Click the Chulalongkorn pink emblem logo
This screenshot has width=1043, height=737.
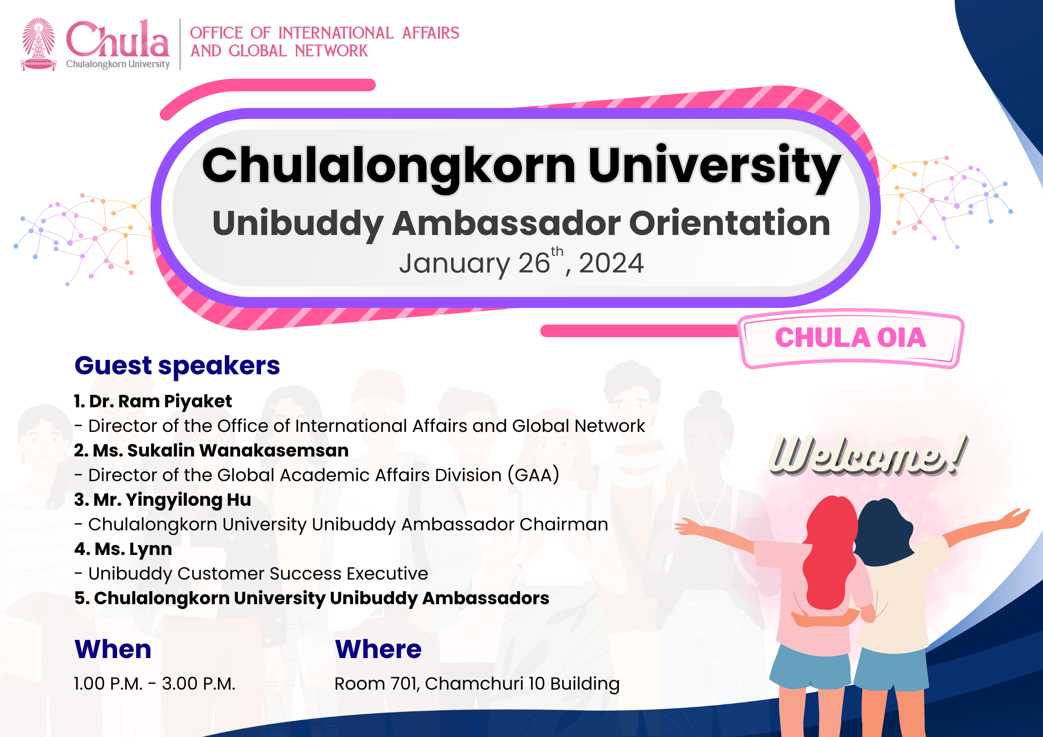(39, 44)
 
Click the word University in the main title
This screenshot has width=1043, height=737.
(715, 167)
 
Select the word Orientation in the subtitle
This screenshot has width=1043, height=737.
(729, 223)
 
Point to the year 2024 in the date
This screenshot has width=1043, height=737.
(611, 263)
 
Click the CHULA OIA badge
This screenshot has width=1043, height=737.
(851, 338)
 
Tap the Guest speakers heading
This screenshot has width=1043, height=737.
(177, 366)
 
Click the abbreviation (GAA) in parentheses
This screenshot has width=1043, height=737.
(533, 475)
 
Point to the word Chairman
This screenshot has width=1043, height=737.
(564, 524)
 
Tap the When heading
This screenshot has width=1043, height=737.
(113, 649)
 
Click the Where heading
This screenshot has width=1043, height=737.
(378, 649)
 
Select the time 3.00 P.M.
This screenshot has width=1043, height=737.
(199, 684)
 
